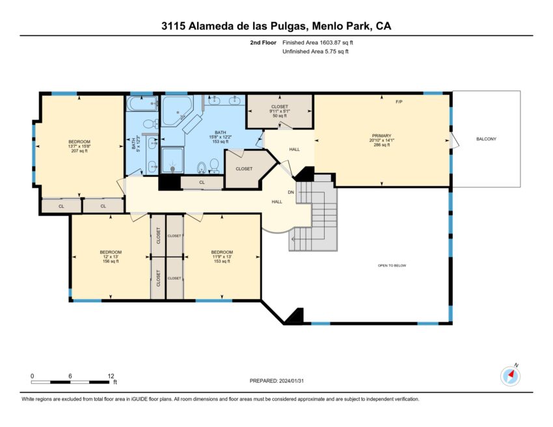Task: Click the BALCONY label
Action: coord(486,139)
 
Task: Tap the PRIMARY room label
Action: coord(382,136)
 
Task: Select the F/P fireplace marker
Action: coord(399,102)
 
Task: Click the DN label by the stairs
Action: coord(291,192)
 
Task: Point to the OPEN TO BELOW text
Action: coord(392,266)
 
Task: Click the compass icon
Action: coord(510,376)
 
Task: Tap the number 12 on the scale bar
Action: coord(111,376)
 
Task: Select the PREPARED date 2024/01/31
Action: coord(291,381)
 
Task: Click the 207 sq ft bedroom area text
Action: coord(79,151)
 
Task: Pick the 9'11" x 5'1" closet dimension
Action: coord(280,111)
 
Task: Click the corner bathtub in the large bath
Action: coord(177,110)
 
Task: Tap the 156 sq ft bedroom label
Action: coord(111,261)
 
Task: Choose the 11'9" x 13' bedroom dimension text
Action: coord(222,257)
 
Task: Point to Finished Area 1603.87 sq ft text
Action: coord(317,43)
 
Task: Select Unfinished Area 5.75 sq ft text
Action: coord(316,51)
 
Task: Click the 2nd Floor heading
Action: coord(263,43)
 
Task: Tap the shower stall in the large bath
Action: coord(172,161)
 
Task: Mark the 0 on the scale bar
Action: coord(33,376)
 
